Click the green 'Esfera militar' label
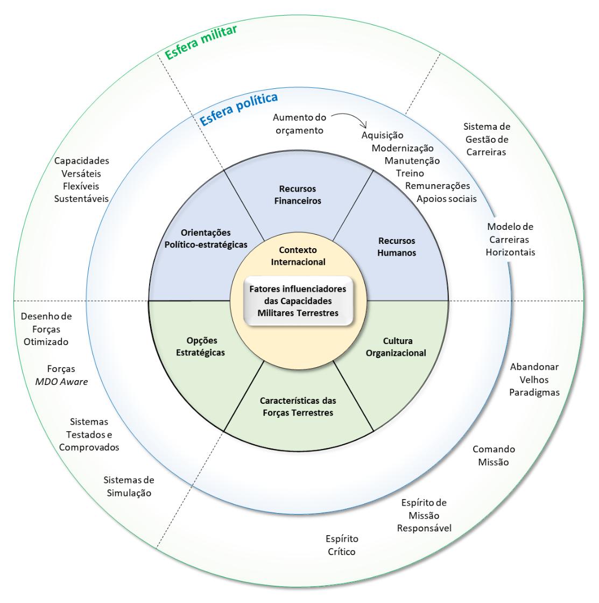202,41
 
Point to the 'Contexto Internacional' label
298,256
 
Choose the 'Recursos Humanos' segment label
396,247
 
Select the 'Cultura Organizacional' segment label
397,347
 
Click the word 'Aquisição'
382,135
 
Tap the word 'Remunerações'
438,186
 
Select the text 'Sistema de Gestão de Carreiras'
487,139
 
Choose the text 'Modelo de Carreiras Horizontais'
510,239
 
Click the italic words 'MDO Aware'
60,382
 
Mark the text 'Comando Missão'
494,455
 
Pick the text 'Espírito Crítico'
342,545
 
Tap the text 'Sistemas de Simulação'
129,486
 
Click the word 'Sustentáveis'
81,199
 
